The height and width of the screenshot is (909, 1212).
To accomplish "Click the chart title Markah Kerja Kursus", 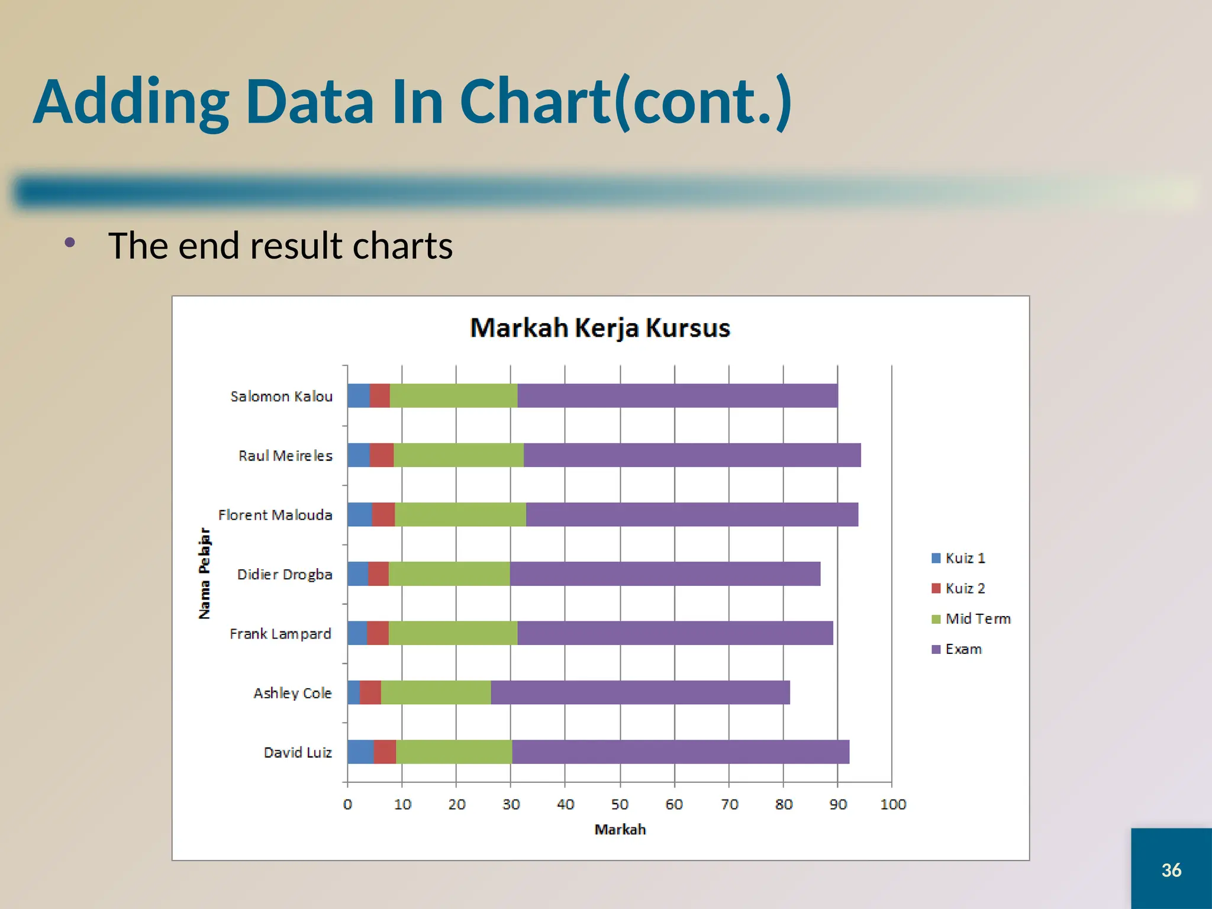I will click(x=599, y=328).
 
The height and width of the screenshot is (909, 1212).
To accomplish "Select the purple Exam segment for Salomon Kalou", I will click(x=677, y=396).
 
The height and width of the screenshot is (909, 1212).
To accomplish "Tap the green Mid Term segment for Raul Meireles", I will click(x=458, y=455).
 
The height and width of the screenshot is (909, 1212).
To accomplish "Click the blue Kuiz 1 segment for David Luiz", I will click(x=360, y=752).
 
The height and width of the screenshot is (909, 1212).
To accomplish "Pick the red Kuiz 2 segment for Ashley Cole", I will click(x=370, y=692).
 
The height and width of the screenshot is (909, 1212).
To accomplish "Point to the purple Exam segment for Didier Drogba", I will click(x=665, y=574).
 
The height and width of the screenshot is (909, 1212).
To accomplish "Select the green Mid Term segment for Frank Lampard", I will click(x=453, y=633).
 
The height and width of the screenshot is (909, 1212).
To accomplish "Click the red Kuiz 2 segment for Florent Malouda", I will click(x=383, y=514).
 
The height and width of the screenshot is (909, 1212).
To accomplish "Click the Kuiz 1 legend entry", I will click(x=959, y=558).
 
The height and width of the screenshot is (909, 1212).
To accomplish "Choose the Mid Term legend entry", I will click(x=971, y=619).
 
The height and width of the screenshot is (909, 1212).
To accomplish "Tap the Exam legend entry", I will click(x=958, y=649).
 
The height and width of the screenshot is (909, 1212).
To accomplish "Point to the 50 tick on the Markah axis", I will click(x=620, y=804).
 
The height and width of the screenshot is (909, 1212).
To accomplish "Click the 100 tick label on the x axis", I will click(x=892, y=804).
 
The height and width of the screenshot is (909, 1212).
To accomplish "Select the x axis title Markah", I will click(x=620, y=830).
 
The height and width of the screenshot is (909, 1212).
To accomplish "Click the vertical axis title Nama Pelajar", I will click(x=204, y=573).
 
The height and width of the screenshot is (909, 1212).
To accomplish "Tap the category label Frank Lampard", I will click(x=280, y=634).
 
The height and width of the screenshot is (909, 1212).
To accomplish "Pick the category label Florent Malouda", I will click(x=275, y=515).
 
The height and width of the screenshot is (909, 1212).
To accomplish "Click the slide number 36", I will click(x=1171, y=870).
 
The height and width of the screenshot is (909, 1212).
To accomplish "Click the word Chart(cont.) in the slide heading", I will click(x=625, y=102).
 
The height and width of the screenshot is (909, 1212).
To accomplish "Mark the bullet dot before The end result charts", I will click(x=70, y=242).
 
